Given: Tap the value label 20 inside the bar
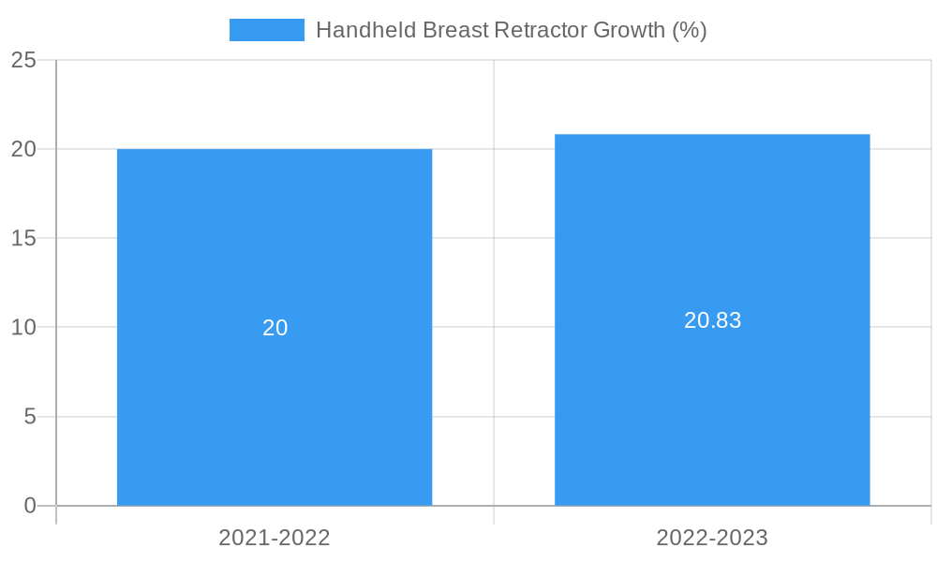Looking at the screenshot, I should [275, 328].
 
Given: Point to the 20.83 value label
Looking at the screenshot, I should [712, 320].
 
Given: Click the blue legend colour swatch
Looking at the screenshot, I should [267, 30].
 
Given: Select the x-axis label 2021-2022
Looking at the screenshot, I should [275, 538].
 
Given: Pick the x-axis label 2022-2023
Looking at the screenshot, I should [712, 538].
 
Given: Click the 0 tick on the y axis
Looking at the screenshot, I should [29, 506].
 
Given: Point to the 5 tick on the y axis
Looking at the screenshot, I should [29, 416].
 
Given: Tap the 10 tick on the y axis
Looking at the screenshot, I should [23, 327].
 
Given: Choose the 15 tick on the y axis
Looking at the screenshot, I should [23, 238].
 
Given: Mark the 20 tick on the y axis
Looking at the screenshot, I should [23, 149].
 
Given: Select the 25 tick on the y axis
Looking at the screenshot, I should [23, 60].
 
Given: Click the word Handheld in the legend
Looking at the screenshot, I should [365, 30].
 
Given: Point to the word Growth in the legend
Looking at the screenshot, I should [631, 30].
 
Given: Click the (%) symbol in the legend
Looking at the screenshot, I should [690, 30].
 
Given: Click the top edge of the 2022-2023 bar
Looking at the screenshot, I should [712, 135].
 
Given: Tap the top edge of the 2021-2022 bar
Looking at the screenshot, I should [275, 150].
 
